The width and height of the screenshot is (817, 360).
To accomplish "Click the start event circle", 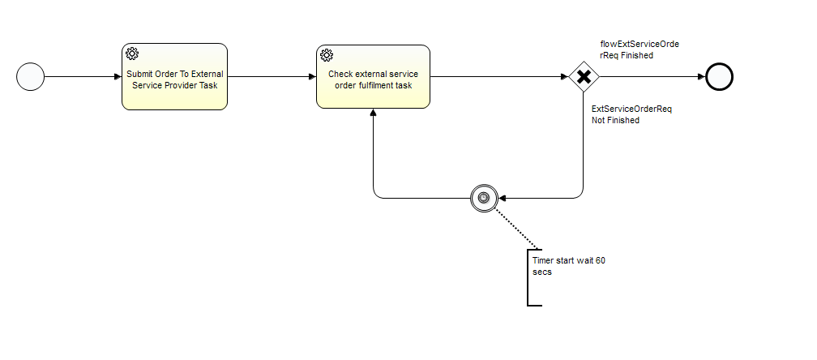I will [30, 77].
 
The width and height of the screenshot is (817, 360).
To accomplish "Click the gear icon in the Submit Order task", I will [133, 55].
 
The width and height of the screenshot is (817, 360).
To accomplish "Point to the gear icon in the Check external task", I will [327, 55].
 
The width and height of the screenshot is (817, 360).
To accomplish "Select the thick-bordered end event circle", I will [719, 77].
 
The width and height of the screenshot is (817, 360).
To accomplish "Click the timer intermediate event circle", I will [483, 197].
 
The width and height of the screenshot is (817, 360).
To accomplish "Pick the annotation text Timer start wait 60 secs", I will [569, 266].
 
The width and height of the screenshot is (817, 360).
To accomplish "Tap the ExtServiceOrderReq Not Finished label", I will [632, 114].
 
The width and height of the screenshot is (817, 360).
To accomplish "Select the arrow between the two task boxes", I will [272, 77].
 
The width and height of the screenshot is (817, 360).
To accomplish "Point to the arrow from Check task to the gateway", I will [498, 77].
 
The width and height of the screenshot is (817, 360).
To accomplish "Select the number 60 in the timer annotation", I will [601, 261].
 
